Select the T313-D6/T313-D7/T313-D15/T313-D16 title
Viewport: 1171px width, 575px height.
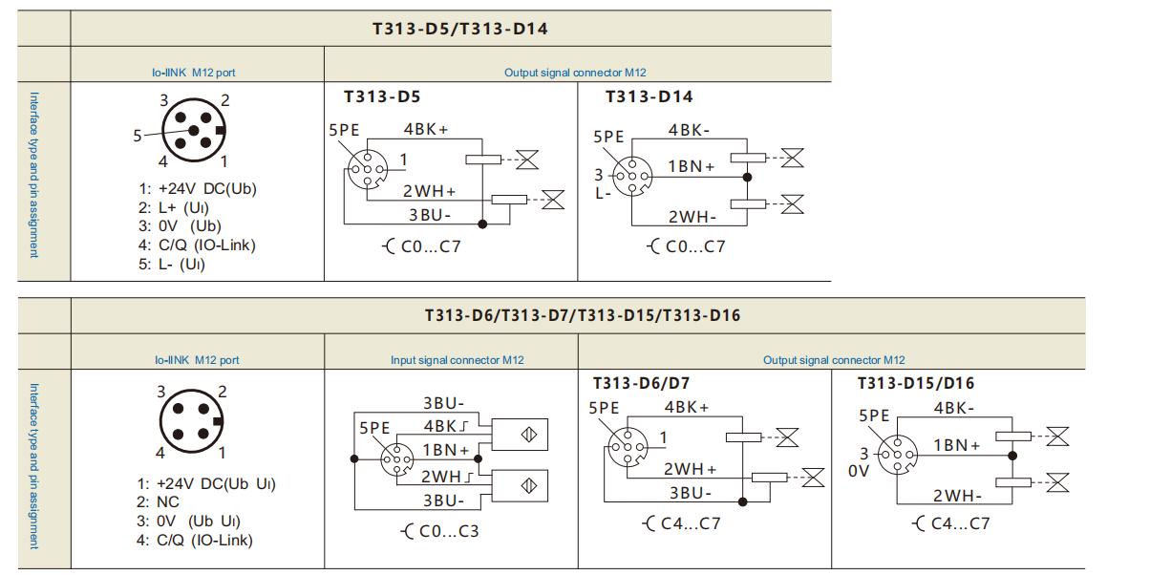tap(582, 315)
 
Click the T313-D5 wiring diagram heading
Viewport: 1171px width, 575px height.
tap(382, 96)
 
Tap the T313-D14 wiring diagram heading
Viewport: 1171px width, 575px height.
tap(649, 96)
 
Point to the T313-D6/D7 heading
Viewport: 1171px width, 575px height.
tap(641, 383)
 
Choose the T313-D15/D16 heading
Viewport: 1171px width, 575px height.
tap(916, 383)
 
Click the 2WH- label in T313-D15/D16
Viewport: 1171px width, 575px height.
tap(957, 495)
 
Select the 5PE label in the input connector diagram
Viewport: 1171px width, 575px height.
tap(375, 429)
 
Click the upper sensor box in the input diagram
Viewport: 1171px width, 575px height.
tap(520, 435)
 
